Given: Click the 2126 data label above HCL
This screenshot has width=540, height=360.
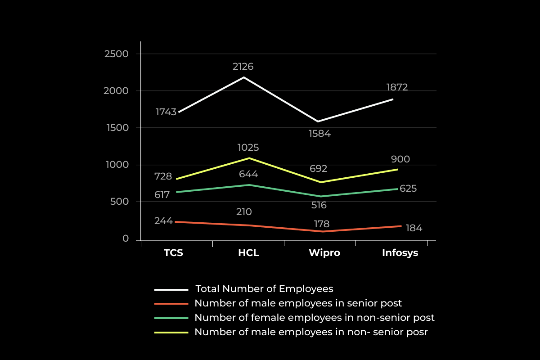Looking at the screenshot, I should click(243, 67).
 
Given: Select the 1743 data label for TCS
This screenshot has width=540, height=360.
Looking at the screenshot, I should click(166, 112).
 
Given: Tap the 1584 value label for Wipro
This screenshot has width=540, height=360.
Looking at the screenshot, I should click(319, 134).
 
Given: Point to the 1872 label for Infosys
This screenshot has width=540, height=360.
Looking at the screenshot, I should click(396, 87).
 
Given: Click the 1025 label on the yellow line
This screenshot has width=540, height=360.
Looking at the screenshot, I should click(248, 148).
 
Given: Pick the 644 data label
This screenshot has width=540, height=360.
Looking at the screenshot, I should click(248, 174).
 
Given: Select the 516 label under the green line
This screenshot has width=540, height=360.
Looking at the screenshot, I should click(319, 206).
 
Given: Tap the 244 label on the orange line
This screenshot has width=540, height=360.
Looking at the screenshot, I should click(163, 221).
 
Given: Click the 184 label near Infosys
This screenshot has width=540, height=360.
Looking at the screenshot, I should click(414, 228).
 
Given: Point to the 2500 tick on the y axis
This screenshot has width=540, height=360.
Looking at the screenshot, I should click(116, 54).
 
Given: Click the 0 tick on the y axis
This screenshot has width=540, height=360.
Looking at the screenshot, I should click(126, 238).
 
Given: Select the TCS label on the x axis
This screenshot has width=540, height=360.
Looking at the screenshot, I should click(173, 253).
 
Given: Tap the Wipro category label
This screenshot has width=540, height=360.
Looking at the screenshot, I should click(324, 253).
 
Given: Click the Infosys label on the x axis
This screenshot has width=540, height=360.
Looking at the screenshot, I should click(400, 253).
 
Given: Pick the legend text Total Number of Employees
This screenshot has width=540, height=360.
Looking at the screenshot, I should click(264, 288).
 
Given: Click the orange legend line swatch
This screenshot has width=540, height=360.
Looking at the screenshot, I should click(171, 304).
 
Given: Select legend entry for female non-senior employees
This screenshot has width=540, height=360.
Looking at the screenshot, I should click(314, 318).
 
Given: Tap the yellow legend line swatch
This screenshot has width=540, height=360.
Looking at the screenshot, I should click(171, 333).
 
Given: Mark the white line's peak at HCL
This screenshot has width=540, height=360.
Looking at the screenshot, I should click(244, 77).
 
